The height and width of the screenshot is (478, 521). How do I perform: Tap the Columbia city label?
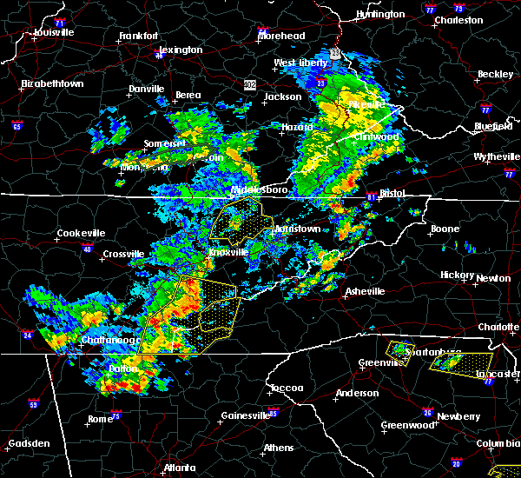[498, 443]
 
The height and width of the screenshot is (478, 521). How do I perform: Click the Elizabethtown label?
[52, 84]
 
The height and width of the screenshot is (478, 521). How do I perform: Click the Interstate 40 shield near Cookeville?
[87, 249]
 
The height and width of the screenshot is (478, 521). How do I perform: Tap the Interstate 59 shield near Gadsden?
[33, 404]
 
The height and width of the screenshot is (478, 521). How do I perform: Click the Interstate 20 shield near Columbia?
[457, 464]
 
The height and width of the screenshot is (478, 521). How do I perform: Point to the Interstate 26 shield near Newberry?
[429, 412]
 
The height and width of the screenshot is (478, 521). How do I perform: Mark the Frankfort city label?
[139, 37]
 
